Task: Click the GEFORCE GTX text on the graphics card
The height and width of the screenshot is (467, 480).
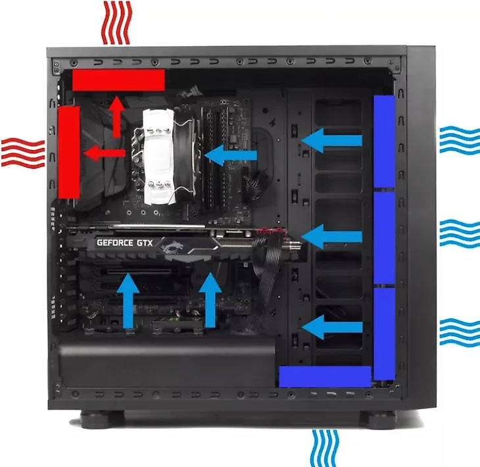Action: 124,243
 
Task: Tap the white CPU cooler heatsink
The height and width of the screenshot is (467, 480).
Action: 158,157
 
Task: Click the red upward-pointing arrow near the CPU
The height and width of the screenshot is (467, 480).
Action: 116,116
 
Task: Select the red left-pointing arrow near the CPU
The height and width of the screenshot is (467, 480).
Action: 105,153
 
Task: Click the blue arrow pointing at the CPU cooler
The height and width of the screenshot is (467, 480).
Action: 231,155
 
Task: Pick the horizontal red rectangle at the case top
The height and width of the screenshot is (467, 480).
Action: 118,80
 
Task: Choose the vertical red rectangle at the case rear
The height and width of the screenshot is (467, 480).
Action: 69,152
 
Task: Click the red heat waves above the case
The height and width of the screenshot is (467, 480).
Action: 116,22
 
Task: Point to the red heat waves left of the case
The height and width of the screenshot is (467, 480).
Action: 23,153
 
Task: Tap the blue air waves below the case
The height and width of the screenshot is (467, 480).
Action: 325,448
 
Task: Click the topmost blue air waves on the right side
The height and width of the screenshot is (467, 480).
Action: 460,140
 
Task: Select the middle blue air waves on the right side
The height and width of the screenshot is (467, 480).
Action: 460,233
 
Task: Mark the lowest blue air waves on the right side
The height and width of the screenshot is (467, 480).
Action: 460,332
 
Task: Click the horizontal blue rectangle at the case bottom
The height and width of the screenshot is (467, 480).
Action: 325,377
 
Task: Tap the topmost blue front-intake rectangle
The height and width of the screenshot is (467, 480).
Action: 384,141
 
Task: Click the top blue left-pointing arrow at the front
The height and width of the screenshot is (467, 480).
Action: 332,141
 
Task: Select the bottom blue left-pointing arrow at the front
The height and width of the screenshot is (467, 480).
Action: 332,327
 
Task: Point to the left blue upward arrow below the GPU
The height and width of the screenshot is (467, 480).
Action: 128,301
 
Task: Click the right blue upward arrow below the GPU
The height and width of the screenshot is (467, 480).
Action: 210,300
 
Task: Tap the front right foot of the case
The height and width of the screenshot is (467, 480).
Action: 378,419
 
